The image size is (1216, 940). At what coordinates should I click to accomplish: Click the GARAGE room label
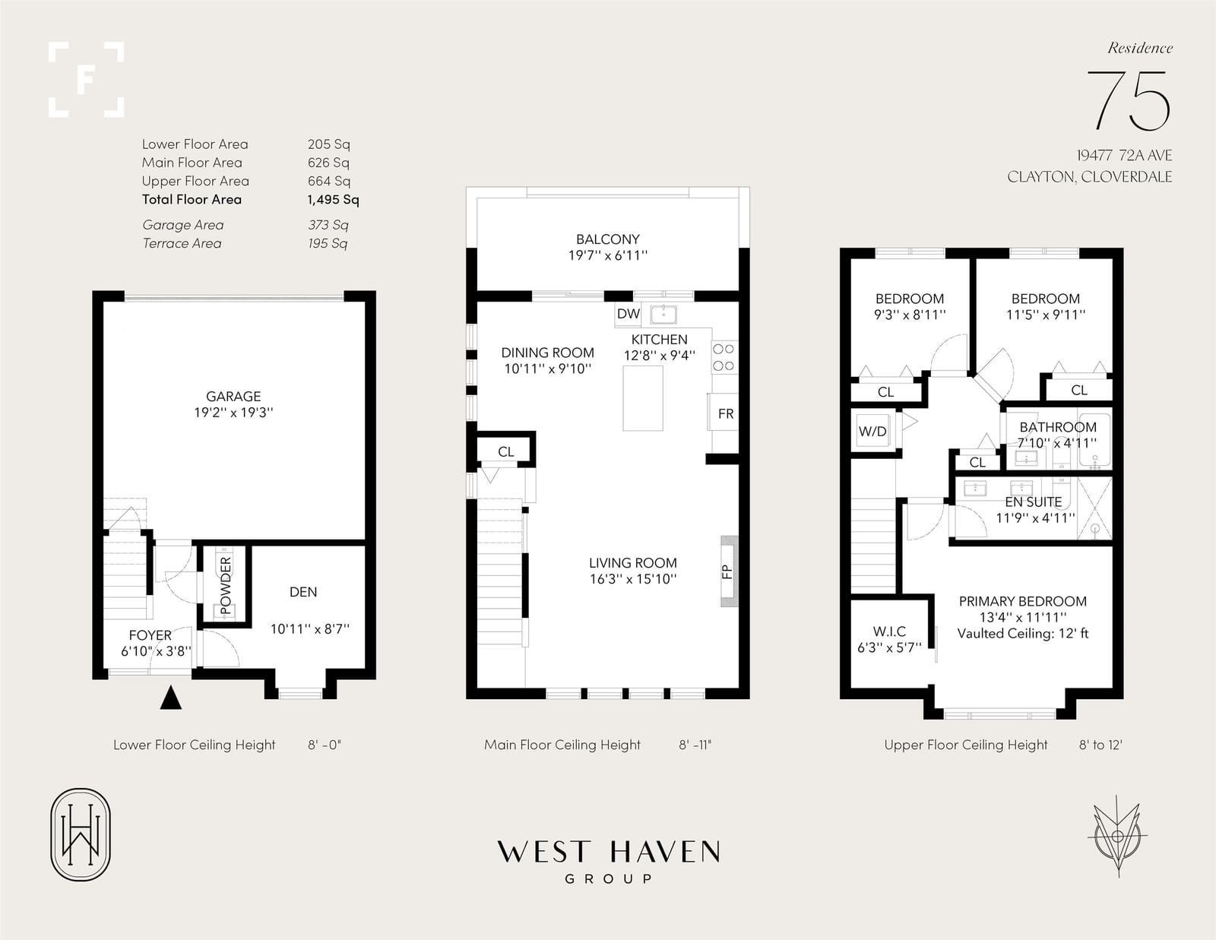click(233, 396)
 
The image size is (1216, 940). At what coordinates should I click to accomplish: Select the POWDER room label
click(226, 585)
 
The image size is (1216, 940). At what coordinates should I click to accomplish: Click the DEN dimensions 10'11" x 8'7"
click(310, 629)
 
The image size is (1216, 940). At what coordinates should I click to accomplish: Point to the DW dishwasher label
click(628, 314)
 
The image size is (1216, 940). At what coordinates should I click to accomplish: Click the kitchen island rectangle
click(643, 398)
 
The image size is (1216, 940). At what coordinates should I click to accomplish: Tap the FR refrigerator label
click(726, 413)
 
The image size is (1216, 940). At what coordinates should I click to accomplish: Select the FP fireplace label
click(727, 571)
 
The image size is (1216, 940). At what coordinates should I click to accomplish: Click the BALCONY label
click(608, 239)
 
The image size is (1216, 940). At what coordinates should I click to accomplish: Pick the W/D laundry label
click(872, 432)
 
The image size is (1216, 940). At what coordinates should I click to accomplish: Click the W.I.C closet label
click(889, 631)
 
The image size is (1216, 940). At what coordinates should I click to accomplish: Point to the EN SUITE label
click(1034, 502)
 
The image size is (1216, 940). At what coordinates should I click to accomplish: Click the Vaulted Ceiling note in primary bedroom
click(1023, 634)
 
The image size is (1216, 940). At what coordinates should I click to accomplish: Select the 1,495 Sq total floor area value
click(334, 199)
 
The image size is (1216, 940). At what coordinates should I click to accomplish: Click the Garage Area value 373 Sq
click(328, 225)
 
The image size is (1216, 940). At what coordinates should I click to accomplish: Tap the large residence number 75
click(1129, 101)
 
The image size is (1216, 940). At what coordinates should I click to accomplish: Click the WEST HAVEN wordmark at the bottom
click(608, 852)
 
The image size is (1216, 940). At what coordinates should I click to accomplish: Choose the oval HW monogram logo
click(81, 834)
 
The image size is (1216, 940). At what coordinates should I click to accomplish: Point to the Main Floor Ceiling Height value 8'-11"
click(695, 745)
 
